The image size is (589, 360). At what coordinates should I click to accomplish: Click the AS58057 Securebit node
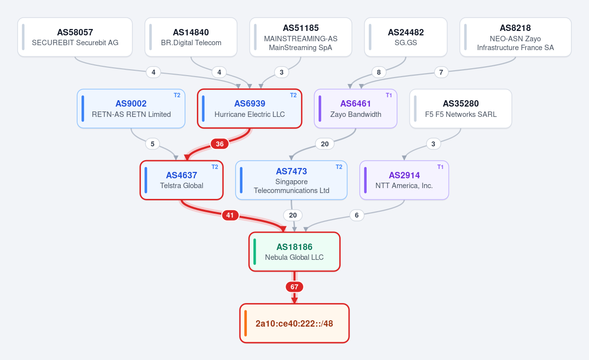tap(75, 37)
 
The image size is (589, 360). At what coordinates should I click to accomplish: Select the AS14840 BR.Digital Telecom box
tap(191, 37)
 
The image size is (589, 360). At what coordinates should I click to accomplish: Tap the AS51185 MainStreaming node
tap(300, 37)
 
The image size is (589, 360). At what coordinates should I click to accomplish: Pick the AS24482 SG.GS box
tap(406, 37)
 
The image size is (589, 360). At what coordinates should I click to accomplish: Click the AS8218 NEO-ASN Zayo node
tap(515, 37)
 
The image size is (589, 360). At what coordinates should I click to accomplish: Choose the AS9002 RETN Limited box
tap(131, 109)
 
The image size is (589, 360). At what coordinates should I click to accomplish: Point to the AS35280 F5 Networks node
tap(461, 109)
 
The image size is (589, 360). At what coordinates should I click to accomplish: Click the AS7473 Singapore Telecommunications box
tap(292, 180)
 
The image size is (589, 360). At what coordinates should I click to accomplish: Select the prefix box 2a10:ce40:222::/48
tap(294, 323)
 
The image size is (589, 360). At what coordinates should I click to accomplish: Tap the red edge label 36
tap(219, 144)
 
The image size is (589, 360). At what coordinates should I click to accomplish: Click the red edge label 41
tap(230, 215)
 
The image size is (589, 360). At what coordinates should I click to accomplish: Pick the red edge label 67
tap(294, 287)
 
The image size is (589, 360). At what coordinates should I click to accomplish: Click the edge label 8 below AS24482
tap(378, 72)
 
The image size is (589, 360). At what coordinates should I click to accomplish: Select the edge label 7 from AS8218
tap(441, 72)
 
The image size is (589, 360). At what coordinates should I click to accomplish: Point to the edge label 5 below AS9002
tap(153, 144)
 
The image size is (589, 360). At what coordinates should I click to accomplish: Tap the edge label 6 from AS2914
tap(356, 215)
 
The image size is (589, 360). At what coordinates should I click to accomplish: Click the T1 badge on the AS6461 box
tap(389, 95)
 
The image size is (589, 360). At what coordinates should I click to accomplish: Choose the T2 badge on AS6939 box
tap(294, 95)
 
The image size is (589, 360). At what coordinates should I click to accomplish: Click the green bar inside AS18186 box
tap(255, 251)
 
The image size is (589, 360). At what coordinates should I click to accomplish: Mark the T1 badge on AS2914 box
tap(440, 167)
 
